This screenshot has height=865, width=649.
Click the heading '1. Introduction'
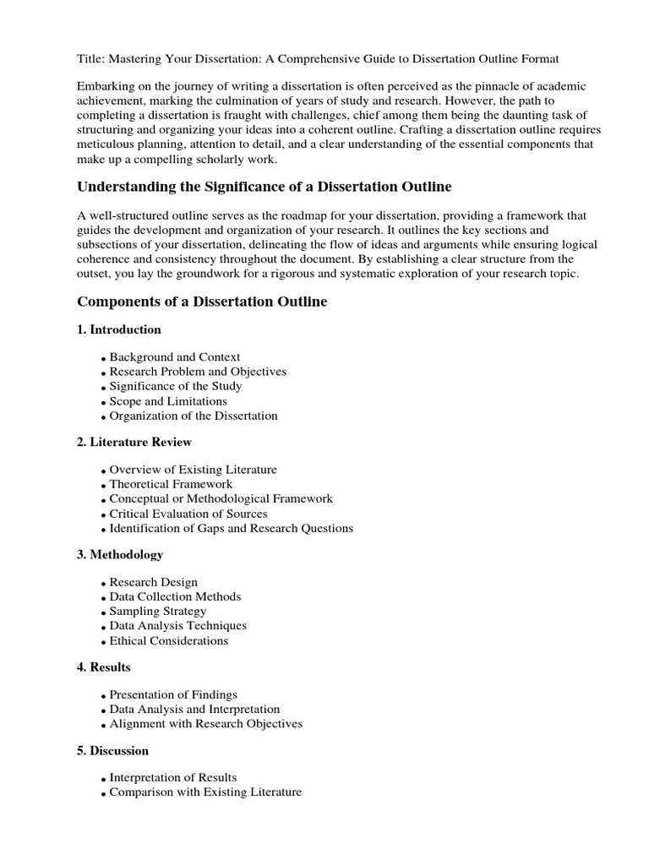click(x=119, y=329)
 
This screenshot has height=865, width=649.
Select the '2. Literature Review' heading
click(x=134, y=442)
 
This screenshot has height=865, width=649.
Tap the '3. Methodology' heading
click(x=120, y=555)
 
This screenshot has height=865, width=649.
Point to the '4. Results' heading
click(x=104, y=667)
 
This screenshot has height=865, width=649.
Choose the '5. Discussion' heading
click(x=112, y=750)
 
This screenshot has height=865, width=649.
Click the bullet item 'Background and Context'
click(x=175, y=357)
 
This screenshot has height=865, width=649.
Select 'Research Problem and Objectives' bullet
click(x=198, y=372)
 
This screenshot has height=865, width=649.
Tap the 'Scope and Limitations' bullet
click(x=168, y=401)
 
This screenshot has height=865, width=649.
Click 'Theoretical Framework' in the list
click(x=170, y=485)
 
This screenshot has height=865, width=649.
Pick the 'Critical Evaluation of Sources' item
click(x=188, y=514)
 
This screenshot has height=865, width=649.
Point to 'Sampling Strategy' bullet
click(x=158, y=612)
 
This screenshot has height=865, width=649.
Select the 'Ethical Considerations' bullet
click(x=169, y=640)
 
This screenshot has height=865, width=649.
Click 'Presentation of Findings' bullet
click(x=173, y=694)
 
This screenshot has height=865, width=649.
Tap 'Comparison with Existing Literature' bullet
click(x=205, y=792)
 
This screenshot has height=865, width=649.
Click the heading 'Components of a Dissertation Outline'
click(x=202, y=302)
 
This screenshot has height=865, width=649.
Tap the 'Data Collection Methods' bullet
click(x=175, y=596)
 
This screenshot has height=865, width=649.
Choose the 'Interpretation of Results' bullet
click(x=173, y=777)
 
